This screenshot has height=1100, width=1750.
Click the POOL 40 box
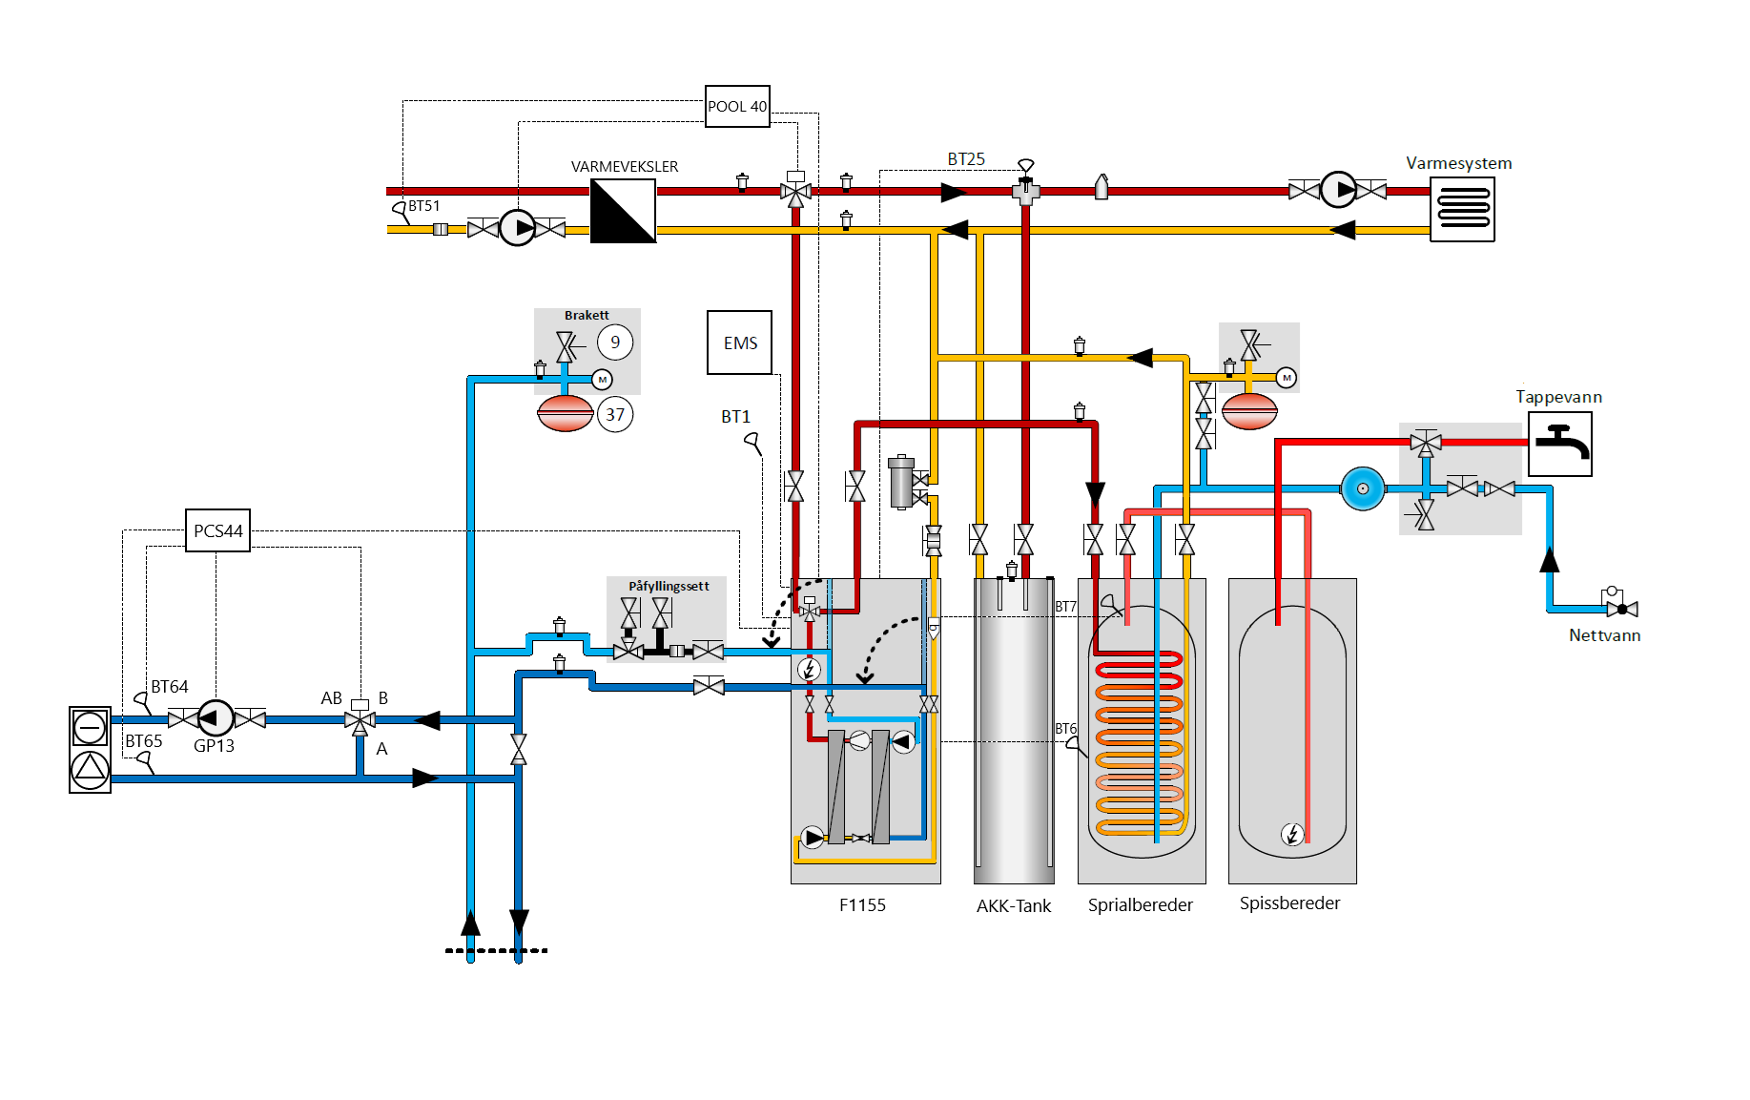coord(737,106)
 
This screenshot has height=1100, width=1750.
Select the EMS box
coord(739,342)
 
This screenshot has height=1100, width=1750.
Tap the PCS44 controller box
coord(217,530)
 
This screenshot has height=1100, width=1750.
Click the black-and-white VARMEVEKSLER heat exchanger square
coord(623,211)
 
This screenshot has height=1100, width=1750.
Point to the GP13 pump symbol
coord(215,718)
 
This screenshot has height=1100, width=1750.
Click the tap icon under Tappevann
coord(1559,444)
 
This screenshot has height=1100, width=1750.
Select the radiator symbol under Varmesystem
coord(1462,209)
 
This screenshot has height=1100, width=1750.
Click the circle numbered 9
coord(615,342)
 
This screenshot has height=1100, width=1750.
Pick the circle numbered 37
coord(615,414)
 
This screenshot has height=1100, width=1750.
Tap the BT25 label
coord(966,159)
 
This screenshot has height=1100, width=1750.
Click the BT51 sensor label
coord(424,206)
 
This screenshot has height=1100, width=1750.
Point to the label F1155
coord(862,905)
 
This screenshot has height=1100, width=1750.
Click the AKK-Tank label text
coord(1013,906)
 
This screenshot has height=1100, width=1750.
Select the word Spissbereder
coord(1289,903)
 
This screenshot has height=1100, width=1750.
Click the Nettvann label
coord(1604,635)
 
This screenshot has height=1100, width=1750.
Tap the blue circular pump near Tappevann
coord(1363,488)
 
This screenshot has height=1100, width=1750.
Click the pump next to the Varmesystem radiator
coord(1338,190)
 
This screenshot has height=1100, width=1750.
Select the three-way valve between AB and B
coord(360,719)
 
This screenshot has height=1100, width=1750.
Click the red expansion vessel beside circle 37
coord(566,413)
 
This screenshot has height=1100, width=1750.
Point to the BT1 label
coord(735,417)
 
